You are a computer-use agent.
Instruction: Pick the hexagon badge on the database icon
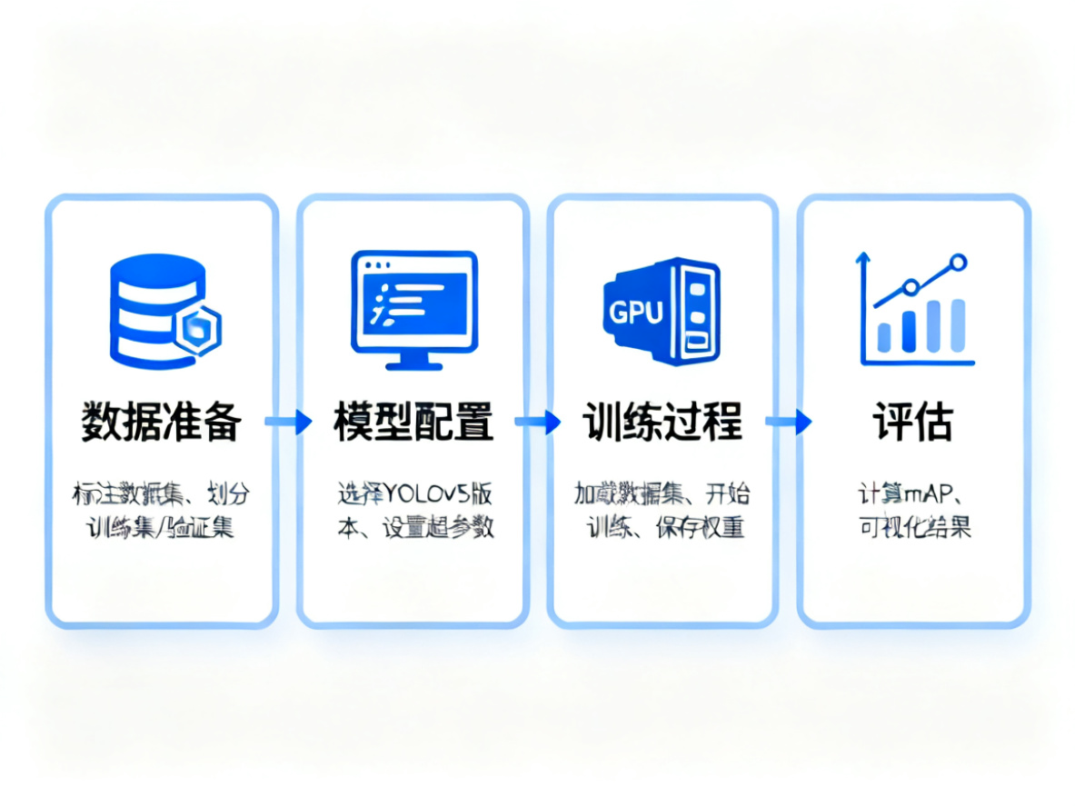pos(196,330)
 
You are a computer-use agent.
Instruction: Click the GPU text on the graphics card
pos(635,313)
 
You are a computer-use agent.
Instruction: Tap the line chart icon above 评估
pos(913,309)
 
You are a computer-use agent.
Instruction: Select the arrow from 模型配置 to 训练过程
pos(538,422)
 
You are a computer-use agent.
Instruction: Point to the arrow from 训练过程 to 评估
pos(788,422)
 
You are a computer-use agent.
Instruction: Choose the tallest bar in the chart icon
pos(957,324)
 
